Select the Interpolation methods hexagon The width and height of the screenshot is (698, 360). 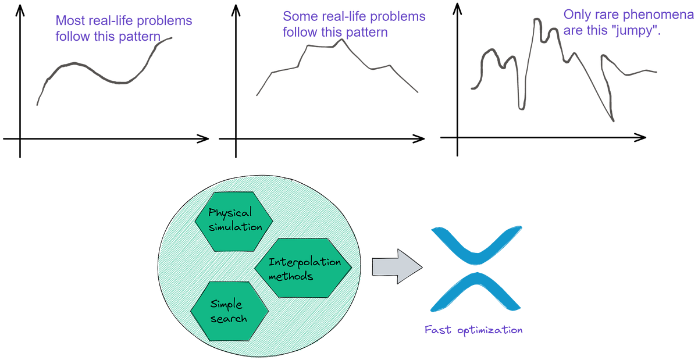(x=304, y=268)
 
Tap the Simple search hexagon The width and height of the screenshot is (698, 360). (x=229, y=311)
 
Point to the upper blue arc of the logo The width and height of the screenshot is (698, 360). (x=476, y=241)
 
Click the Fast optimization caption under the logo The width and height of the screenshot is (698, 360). (x=473, y=330)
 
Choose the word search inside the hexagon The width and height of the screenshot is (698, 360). (x=229, y=318)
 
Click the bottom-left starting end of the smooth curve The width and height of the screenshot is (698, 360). (x=37, y=105)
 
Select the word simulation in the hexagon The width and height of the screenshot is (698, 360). (x=236, y=227)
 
